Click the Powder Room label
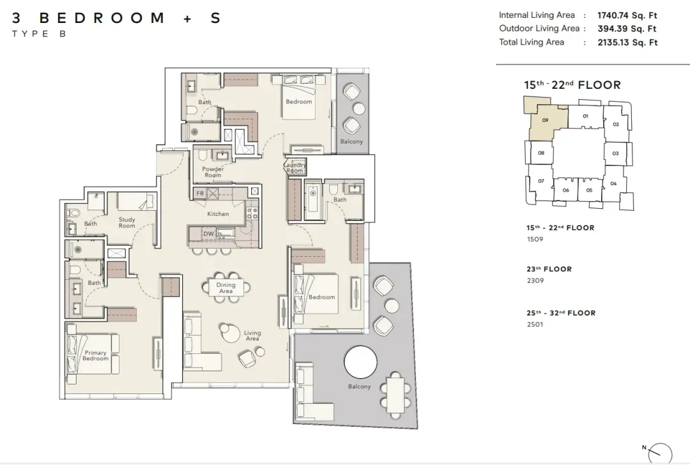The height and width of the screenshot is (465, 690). tap(213, 172)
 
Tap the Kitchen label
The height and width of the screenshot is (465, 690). tap(218, 214)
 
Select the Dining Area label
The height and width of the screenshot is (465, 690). tap(226, 287)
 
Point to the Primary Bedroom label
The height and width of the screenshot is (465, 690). tap(95, 356)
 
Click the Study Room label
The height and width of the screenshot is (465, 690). tap(126, 223)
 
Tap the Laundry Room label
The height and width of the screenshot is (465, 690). tap(295, 167)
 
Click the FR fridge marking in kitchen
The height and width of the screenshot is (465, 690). tap(200, 193)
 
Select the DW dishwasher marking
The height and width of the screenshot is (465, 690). tap(208, 234)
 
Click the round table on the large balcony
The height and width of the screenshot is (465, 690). tap(360, 362)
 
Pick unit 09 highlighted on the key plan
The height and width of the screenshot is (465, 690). tap(545, 120)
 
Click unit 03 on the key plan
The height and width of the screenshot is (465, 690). tap(615, 153)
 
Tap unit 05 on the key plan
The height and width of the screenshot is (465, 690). tap(589, 190)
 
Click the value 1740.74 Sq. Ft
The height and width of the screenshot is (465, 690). tap(627, 15)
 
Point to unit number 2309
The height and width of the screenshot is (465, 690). tap(535, 280)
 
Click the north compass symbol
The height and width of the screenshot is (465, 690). tap(659, 453)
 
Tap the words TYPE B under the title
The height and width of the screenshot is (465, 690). tap(39, 34)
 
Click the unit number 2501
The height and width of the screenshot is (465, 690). tap(535, 324)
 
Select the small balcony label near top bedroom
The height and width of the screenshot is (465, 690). tap(351, 142)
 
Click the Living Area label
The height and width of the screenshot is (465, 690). tap(252, 336)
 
